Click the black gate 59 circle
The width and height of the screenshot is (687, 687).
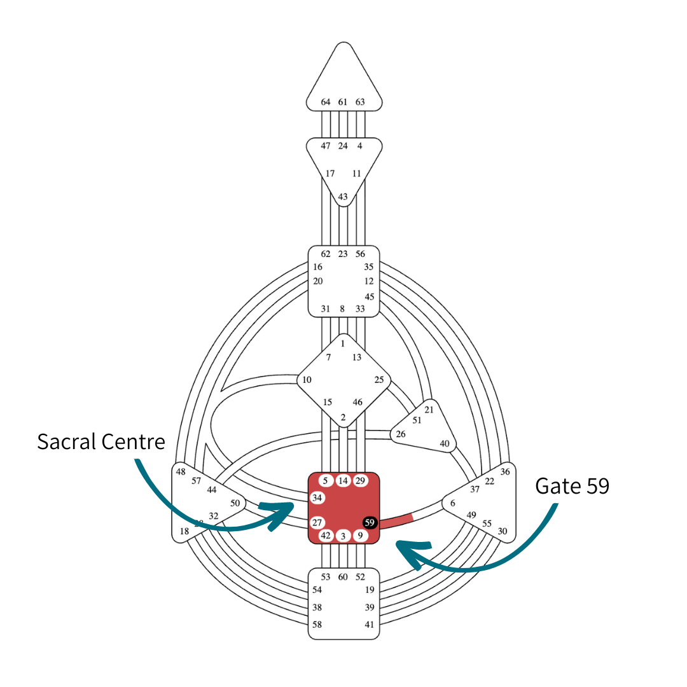(x=370, y=522)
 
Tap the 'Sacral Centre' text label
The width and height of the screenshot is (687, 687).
(x=101, y=441)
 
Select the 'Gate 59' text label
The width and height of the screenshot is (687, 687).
(x=572, y=486)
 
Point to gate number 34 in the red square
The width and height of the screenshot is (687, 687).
(x=317, y=497)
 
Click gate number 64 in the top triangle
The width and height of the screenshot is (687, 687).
(x=326, y=102)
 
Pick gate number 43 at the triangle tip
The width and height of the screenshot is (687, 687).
(x=343, y=197)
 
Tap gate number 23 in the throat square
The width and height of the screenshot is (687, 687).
(x=343, y=254)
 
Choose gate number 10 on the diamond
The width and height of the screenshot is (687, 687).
(x=307, y=380)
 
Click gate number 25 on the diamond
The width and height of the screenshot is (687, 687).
(x=379, y=380)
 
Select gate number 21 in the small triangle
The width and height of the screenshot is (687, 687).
(x=429, y=409)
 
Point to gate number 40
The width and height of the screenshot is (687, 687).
(x=445, y=443)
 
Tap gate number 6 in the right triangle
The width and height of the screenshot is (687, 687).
(x=452, y=503)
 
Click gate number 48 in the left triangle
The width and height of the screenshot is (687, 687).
(x=181, y=471)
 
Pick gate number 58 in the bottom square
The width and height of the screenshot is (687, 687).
(x=317, y=625)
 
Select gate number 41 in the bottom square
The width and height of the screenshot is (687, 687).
(x=370, y=625)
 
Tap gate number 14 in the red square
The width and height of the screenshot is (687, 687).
(x=343, y=480)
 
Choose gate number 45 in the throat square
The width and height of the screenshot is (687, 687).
(x=370, y=296)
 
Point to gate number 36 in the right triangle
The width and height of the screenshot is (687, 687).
(x=505, y=471)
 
